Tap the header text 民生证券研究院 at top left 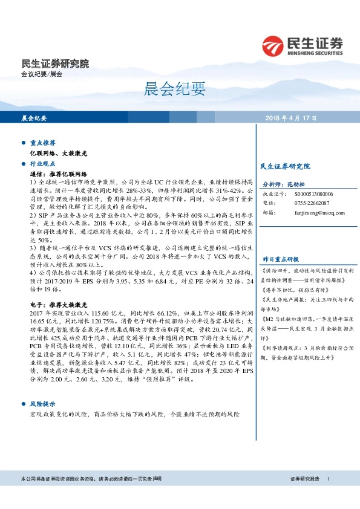[54, 63]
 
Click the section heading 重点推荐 [43, 143]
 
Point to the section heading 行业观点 [43, 164]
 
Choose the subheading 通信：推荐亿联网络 [59, 173]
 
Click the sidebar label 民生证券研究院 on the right [284, 166]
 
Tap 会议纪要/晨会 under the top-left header [42, 74]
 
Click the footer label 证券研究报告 [304, 479]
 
